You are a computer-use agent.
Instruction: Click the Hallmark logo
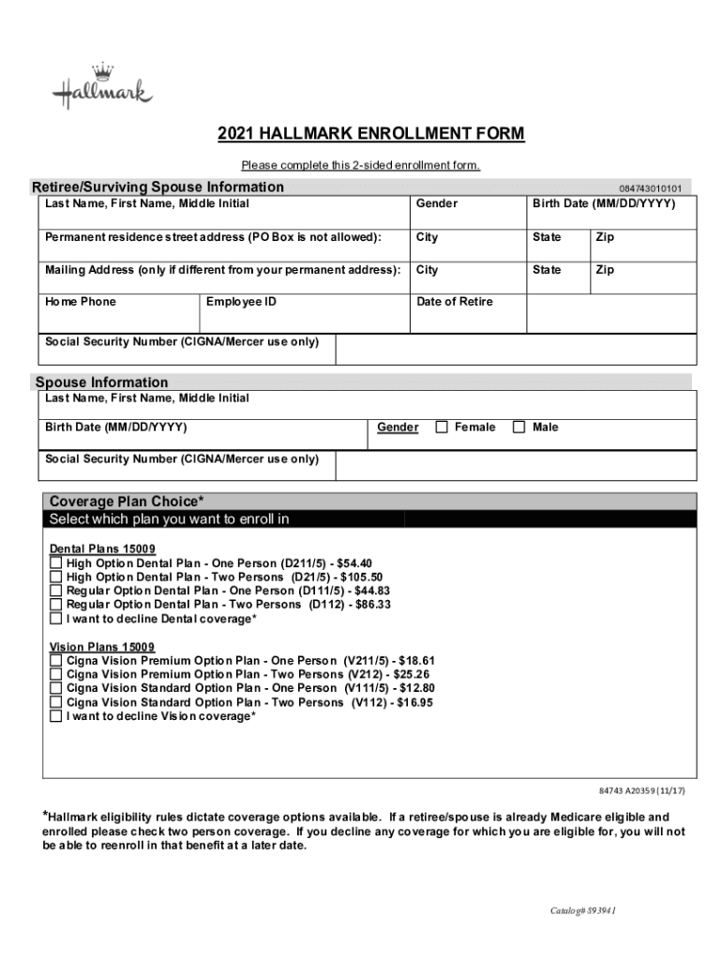(x=101, y=87)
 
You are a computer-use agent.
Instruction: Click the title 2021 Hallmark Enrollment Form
(x=371, y=134)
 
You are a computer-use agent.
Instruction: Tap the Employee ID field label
(x=241, y=302)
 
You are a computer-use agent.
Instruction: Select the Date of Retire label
(x=455, y=302)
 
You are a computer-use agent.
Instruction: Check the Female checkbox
(x=442, y=427)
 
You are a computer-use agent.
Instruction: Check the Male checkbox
(x=519, y=427)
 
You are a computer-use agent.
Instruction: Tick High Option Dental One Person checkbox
(x=56, y=563)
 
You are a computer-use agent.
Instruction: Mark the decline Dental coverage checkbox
(x=56, y=620)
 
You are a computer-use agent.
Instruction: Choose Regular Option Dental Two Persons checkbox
(x=56, y=606)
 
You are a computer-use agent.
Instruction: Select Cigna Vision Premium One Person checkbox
(x=56, y=661)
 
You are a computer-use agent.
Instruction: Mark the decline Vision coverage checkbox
(x=56, y=717)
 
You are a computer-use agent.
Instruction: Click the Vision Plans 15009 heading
(x=102, y=648)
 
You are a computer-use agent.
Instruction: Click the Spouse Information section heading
(x=101, y=382)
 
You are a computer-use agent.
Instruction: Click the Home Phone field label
(x=81, y=302)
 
